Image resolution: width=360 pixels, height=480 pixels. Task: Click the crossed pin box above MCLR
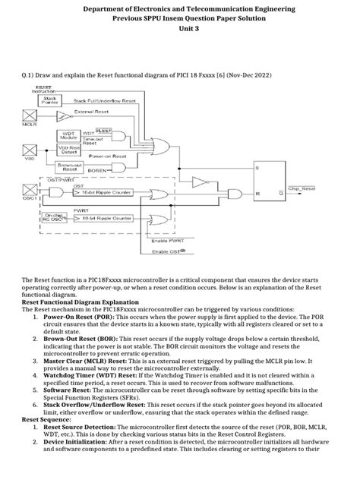tap(31, 115)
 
